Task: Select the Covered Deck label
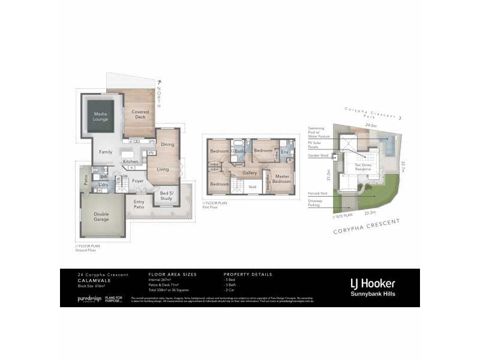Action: pos(140,114)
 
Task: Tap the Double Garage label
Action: pos(101,217)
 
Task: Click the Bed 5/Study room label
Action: pos(166,195)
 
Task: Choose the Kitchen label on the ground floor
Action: pos(130,161)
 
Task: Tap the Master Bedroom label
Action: pos(281,178)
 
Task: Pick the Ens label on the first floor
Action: pos(284,152)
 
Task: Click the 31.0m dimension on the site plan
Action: pos(329,175)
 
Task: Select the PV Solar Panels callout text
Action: pos(316,144)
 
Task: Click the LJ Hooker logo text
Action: pos(373,283)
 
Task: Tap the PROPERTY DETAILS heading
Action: pos(248,274)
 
